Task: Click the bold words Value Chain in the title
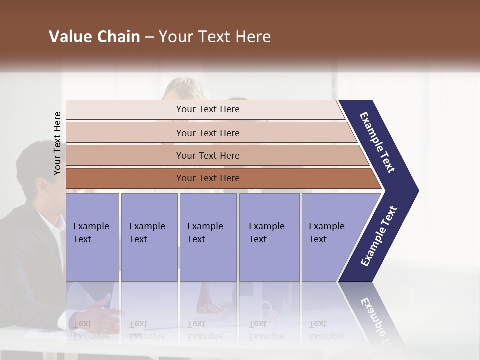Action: (x=94, y=37)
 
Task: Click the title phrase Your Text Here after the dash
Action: (x=215, y=37)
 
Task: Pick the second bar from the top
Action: (x=207, y=133)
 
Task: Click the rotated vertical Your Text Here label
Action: (x=57, y=143)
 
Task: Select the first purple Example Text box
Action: (x=92, y=237)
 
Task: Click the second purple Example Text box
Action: (x=149, y=237)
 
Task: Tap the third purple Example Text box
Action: (x=208, y=237)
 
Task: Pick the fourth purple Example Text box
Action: (x=269, y=237)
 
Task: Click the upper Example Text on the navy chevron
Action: (x=377, y=142)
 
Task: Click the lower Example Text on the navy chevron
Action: (x=379, y=236)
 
